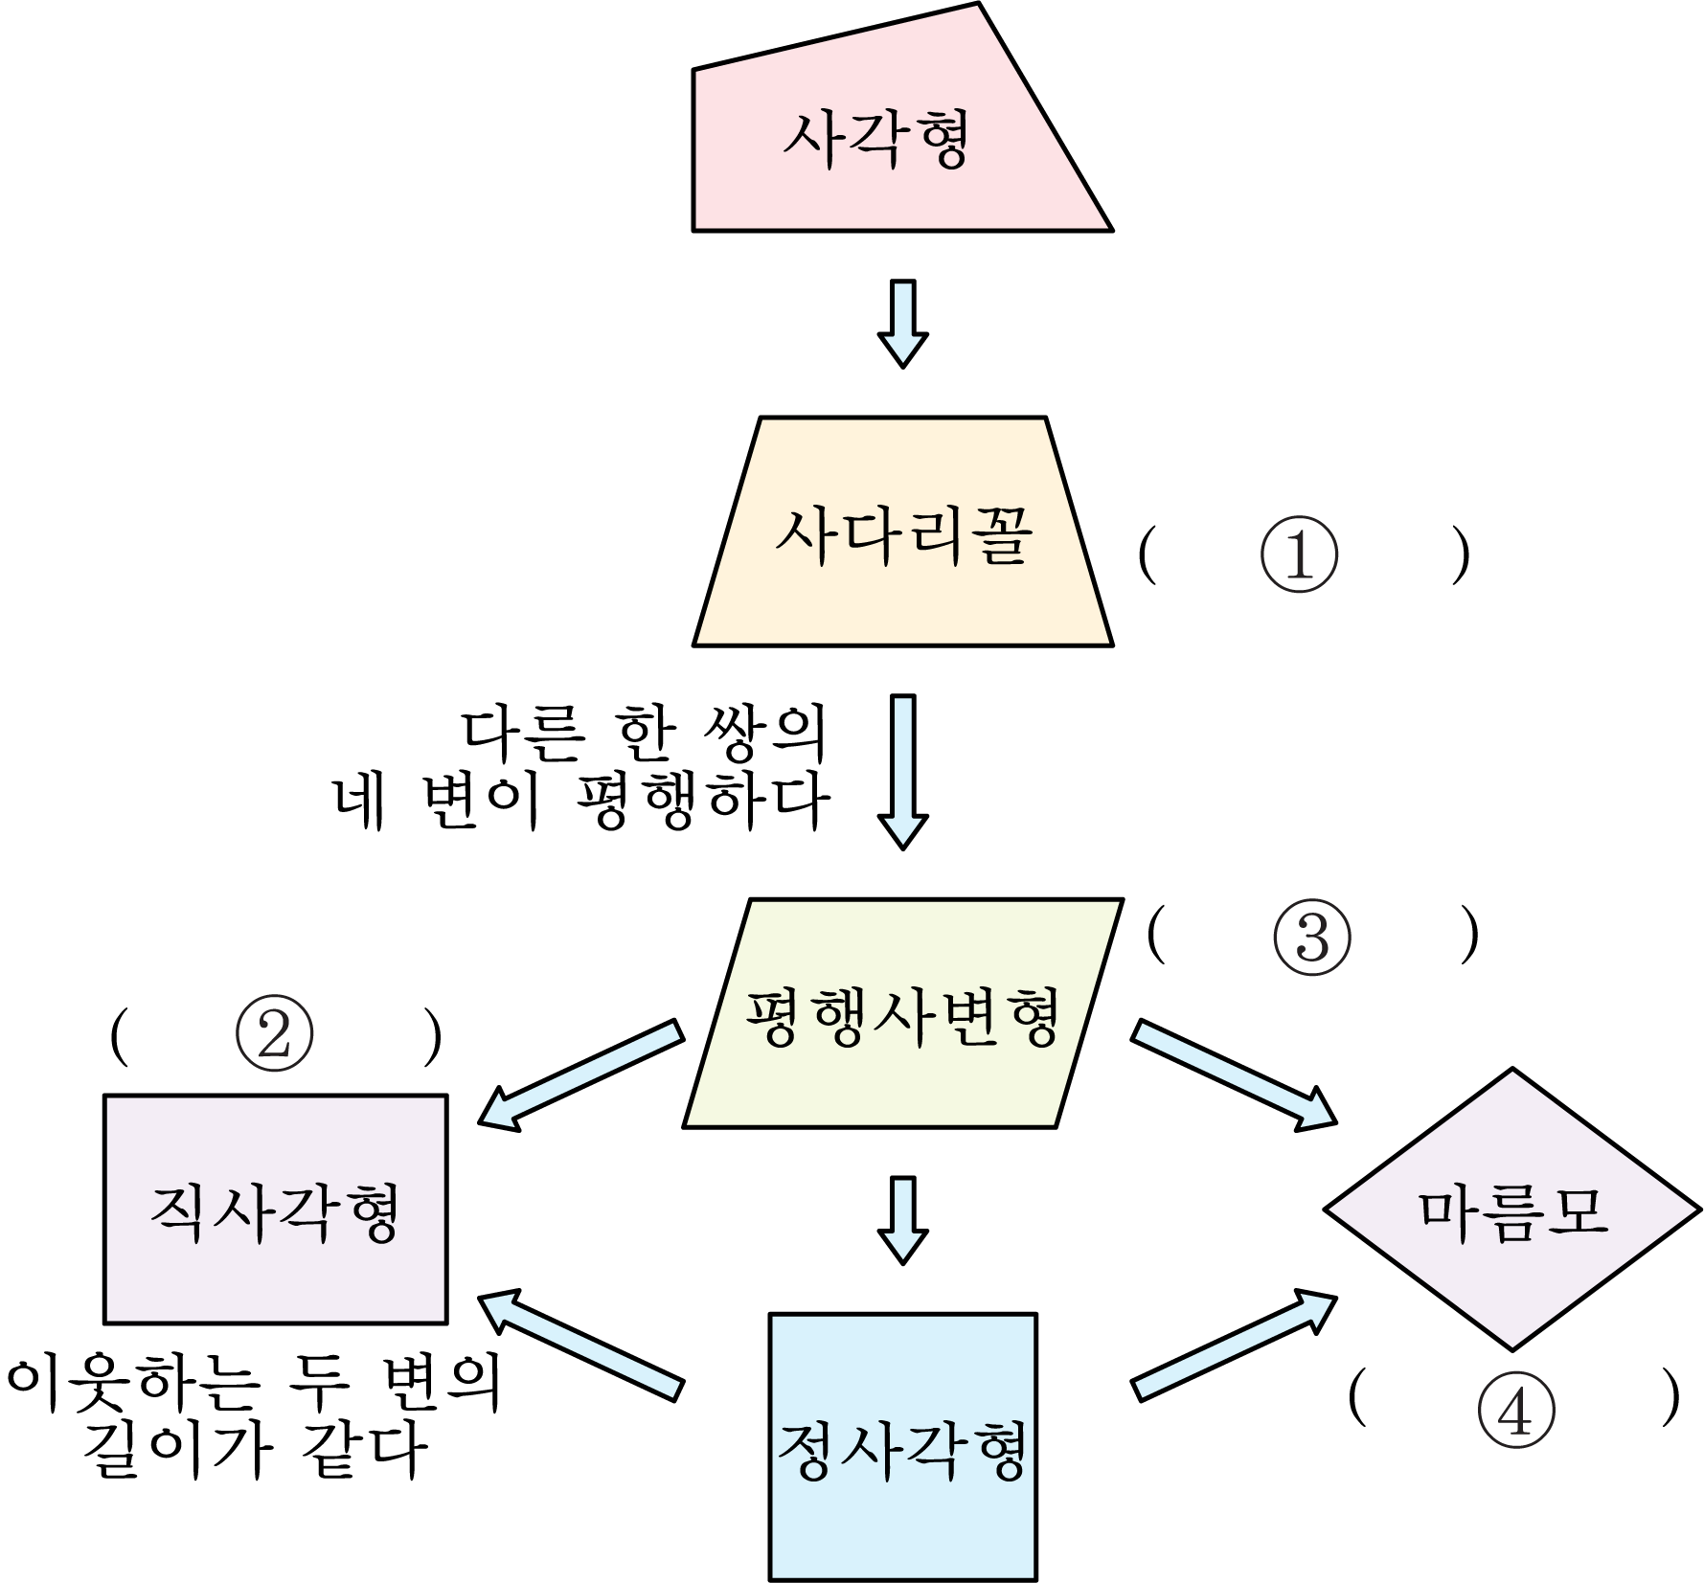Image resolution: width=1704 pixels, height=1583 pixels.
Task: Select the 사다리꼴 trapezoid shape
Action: (902, 531)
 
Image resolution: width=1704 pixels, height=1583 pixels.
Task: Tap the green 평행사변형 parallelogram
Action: (902, 1013)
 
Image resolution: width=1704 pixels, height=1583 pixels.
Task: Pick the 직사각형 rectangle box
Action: (276, 1210)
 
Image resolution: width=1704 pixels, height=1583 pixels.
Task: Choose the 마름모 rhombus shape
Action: (1512, 1210)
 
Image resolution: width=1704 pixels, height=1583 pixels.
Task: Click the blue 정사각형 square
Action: (902, 1446)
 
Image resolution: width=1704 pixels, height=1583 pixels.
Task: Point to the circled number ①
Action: (1299, 555)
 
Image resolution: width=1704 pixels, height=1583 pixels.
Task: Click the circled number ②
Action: (274, 1036)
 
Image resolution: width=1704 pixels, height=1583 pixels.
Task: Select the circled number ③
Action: (1312, 937)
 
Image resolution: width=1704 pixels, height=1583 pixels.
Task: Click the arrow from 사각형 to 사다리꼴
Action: (902, 324)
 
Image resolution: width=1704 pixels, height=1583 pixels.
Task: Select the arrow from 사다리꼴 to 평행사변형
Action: (902, 772)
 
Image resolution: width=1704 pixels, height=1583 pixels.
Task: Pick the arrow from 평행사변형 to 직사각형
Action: (580, 1076)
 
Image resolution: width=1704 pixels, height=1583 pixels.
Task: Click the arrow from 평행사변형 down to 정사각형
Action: (902, 1220)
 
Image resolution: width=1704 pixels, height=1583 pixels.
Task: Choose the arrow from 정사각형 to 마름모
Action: (1234, 1345)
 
